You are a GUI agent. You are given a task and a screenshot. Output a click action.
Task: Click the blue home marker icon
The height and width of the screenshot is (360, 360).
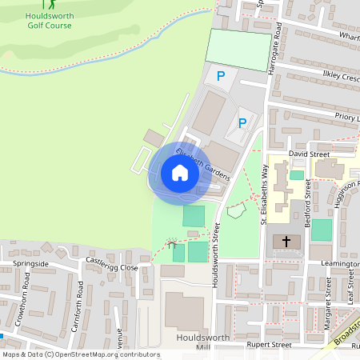(180, 173)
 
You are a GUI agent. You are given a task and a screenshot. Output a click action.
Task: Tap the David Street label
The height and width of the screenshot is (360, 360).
(308, 153)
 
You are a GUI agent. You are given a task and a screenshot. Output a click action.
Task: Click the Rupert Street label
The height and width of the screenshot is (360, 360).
(270, 345)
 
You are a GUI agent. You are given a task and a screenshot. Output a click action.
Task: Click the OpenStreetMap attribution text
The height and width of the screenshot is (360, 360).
(81, 354)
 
